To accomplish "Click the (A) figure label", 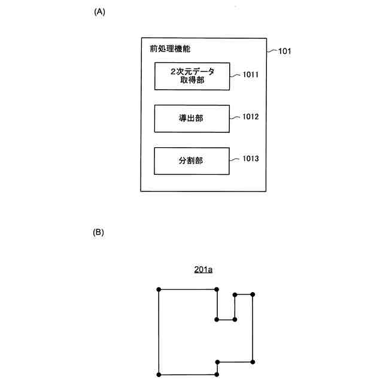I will coord(100,12).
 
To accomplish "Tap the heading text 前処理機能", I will coord(171,48).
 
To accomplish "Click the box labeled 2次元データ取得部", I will coord(191,76).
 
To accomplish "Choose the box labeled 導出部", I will coord(191,118).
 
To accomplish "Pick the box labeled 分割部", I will coord(191,160).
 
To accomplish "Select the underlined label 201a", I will coord(203,270).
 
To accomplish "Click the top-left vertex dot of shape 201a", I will coord(159,290).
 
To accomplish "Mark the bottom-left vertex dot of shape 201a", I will coord(159,375).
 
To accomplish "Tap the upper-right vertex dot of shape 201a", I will coord(253,294).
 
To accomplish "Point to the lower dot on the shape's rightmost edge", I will coord(253,362).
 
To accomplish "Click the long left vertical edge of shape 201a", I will coord(159,332).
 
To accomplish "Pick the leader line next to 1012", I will coord(235,117).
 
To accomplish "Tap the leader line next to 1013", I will coord(235,159).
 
